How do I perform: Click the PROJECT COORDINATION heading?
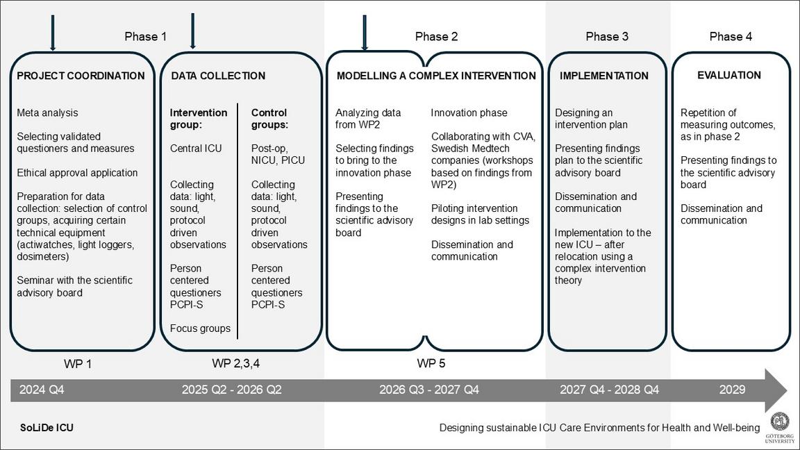(x=81, y=76)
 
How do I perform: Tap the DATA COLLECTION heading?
(x=218, y=76)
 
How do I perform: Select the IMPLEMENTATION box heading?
(x=604, y=76)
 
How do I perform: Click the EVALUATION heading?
(x=729, y=75)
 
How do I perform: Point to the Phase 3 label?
(x=607, y=37)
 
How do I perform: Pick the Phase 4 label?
(x=731, y=37)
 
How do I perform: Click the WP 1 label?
(x=78, y=364)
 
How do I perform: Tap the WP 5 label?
(x=431, y=363)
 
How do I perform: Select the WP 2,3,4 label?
(x=236, y=363)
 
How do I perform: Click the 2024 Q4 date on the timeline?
(x=42, y=390)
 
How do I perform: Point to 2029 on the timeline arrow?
(x=732, y=390)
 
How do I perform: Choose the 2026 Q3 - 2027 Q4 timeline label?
(x=429, y=390)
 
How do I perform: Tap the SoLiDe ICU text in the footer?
(x=47, y=428)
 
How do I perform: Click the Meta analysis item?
(x=47, y=112)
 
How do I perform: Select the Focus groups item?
(x=200, y=328)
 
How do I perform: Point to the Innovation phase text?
(x=469, y=112)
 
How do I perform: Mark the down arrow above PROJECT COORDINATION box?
(x=53, y=33)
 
